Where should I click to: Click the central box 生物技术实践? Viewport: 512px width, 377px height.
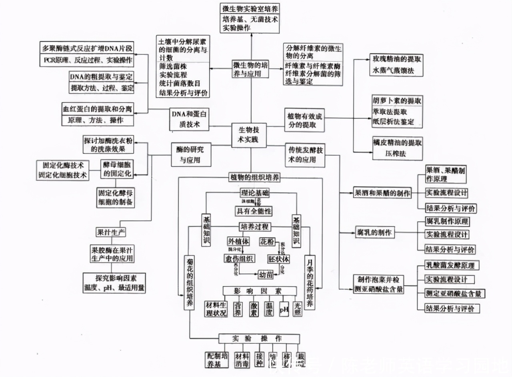249,135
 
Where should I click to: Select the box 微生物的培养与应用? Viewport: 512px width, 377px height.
250,69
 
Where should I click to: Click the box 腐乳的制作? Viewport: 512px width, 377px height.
374,232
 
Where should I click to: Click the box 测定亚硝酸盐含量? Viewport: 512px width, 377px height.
453,294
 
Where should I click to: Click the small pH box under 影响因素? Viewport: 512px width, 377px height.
284,309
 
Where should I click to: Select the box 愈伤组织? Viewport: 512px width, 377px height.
239,259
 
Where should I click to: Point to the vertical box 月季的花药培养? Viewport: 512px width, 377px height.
310,283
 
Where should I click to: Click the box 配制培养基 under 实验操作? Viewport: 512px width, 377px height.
216,360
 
